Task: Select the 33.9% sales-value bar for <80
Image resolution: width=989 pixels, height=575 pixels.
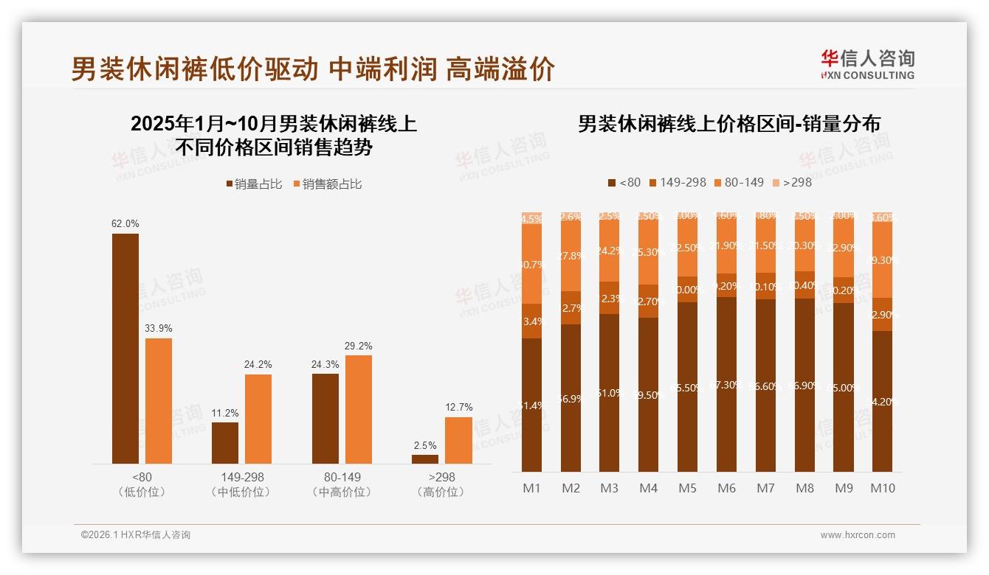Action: tap(159, 401)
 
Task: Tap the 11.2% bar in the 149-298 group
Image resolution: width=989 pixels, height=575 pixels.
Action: tap(225, 443)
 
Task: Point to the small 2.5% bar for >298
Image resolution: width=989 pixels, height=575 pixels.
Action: tap(425, 459)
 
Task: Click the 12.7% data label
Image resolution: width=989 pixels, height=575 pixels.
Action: tap(458, 407)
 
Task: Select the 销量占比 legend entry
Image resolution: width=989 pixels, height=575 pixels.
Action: tap(254, 184)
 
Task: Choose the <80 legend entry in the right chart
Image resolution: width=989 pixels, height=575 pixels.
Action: tap(624, 182)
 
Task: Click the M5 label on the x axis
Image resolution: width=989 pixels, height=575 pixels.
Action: tap(687, 488)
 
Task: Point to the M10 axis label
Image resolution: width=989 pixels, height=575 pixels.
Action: tap(883, 488)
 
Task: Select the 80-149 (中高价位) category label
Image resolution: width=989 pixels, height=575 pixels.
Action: tap(342, 484)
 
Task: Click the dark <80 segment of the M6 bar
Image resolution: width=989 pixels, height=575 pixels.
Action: tap(727, 384)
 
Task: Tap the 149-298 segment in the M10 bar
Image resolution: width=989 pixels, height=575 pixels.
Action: tap(883, 315)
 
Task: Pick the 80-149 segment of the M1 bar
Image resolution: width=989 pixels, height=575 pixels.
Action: tap(532, 264)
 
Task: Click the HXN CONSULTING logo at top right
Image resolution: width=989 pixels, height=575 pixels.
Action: tap(867, 65)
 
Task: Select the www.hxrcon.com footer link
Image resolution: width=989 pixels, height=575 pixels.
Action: tap(858, 535)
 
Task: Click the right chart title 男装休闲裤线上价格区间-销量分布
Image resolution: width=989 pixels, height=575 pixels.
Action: tap(728, 124)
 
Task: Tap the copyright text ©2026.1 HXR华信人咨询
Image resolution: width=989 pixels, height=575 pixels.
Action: tap(136, 535)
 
